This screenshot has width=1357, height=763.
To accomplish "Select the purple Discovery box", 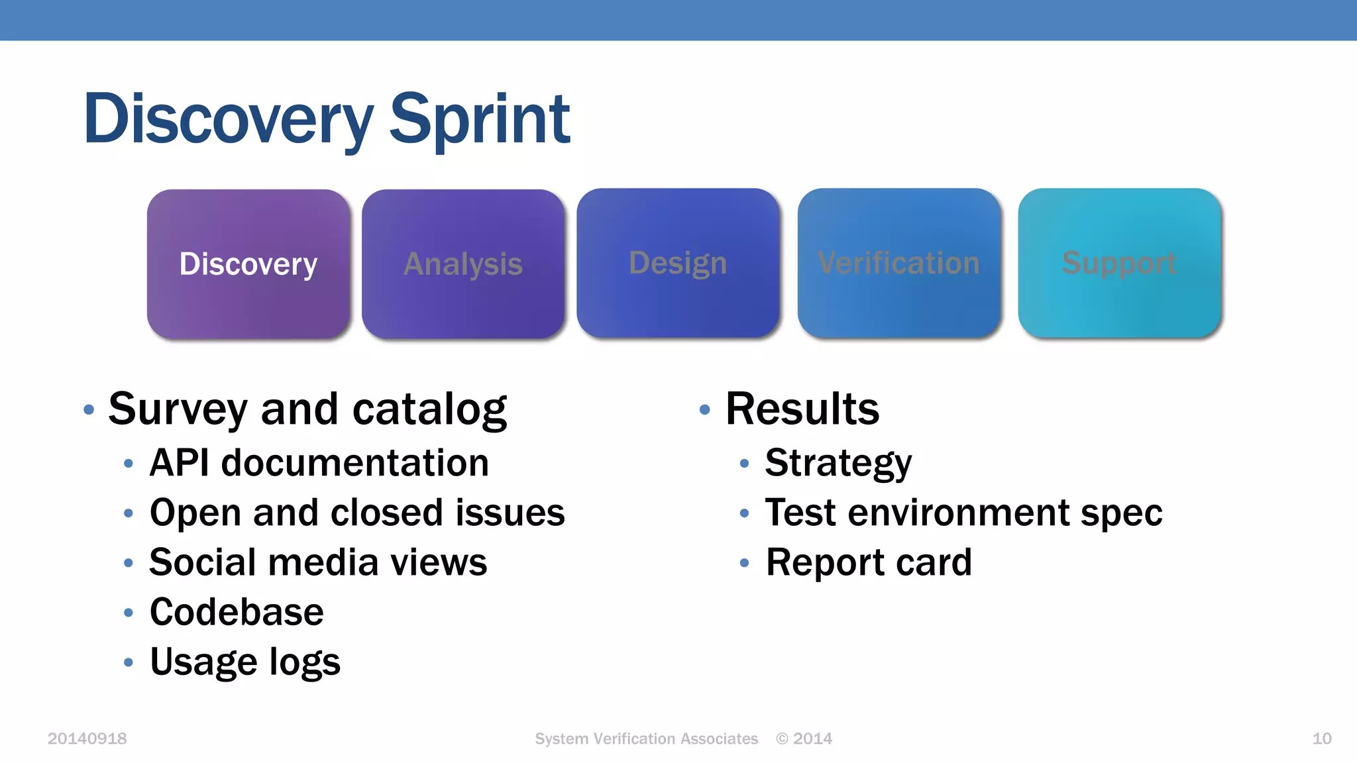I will [x=248, y=264].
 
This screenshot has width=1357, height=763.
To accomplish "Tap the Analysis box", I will [x=463, y=264].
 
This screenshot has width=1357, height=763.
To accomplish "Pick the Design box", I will [x=678, y=263].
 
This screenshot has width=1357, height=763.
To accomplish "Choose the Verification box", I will [x=898, y=263].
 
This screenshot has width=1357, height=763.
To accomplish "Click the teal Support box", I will [x=1119, y=263].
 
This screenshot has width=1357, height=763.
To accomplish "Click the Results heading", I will [x=802, y=409].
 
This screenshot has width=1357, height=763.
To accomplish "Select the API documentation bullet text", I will [x=319, y=462].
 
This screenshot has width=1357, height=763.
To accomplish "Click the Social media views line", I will [x=318, y=562].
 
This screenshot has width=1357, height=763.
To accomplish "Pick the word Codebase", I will [x=237, y=612].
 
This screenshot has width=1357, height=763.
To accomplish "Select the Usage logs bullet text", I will [x=244, y=662].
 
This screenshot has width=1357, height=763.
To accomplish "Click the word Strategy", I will [x=838, y=462].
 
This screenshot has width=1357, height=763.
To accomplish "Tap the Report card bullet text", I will [x=868, y=562].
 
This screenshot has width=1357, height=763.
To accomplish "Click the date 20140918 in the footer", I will [x=87, y=738].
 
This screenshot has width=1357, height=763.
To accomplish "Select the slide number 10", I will [x=1321, y=738].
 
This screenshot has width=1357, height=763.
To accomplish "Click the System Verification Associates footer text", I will [x=646, y=738].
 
